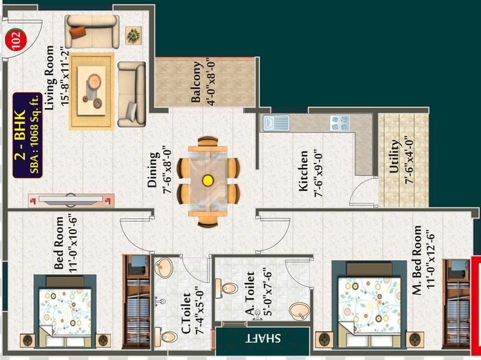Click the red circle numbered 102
pyautogui.click(x=16, y=40)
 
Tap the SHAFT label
pyautogui.click(x=263, y=338)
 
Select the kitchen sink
pyautogui.click(x=275, y=123)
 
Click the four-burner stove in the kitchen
pyautogui.click(x=340, y=123)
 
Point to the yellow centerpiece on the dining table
pyautogui.click(x=207, y=180)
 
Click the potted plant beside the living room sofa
pyautogui.click(x=134, y=35)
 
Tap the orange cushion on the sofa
pyautogui.click(x=78, y=32)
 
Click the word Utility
pyautogui.click(x=395, y=156)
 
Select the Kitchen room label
pyautogui.click(x=303, y=171)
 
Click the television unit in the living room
pyautogui.click(x=71, y=200)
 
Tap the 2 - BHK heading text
pyautogui.click(x=20, y=135)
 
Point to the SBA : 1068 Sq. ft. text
pyautogui.click(x=34, y=134)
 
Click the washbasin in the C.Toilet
pyautogui.click(x=164, y=268)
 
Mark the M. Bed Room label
pyautogui.click(x=417, y=261)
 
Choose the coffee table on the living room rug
pyautogui.click(x=92, y=91)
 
